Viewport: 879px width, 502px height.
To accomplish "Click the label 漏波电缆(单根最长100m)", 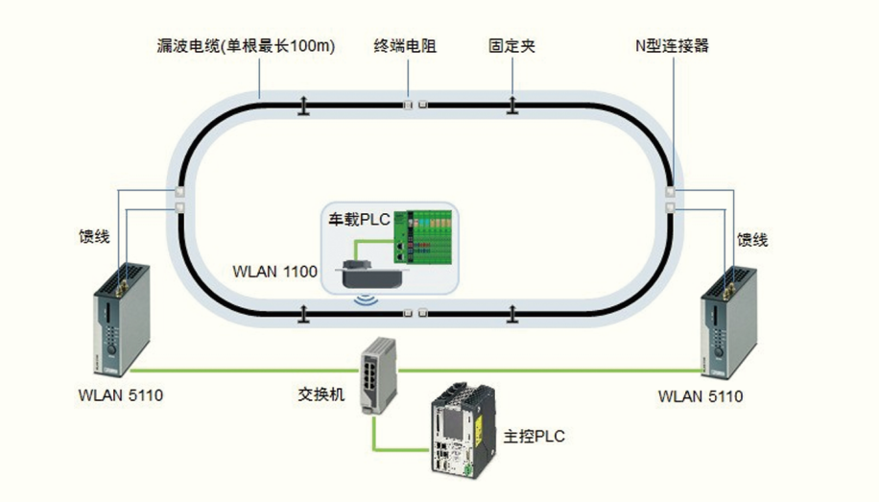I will (x=247, y=45).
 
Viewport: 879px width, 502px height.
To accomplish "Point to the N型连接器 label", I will (x=673, y=45).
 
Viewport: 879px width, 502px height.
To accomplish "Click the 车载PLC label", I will (x=355, y=220).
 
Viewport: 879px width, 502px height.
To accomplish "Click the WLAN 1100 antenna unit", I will (x=370, y=274).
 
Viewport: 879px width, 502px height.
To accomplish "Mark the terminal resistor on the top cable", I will (x=415, y=104).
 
